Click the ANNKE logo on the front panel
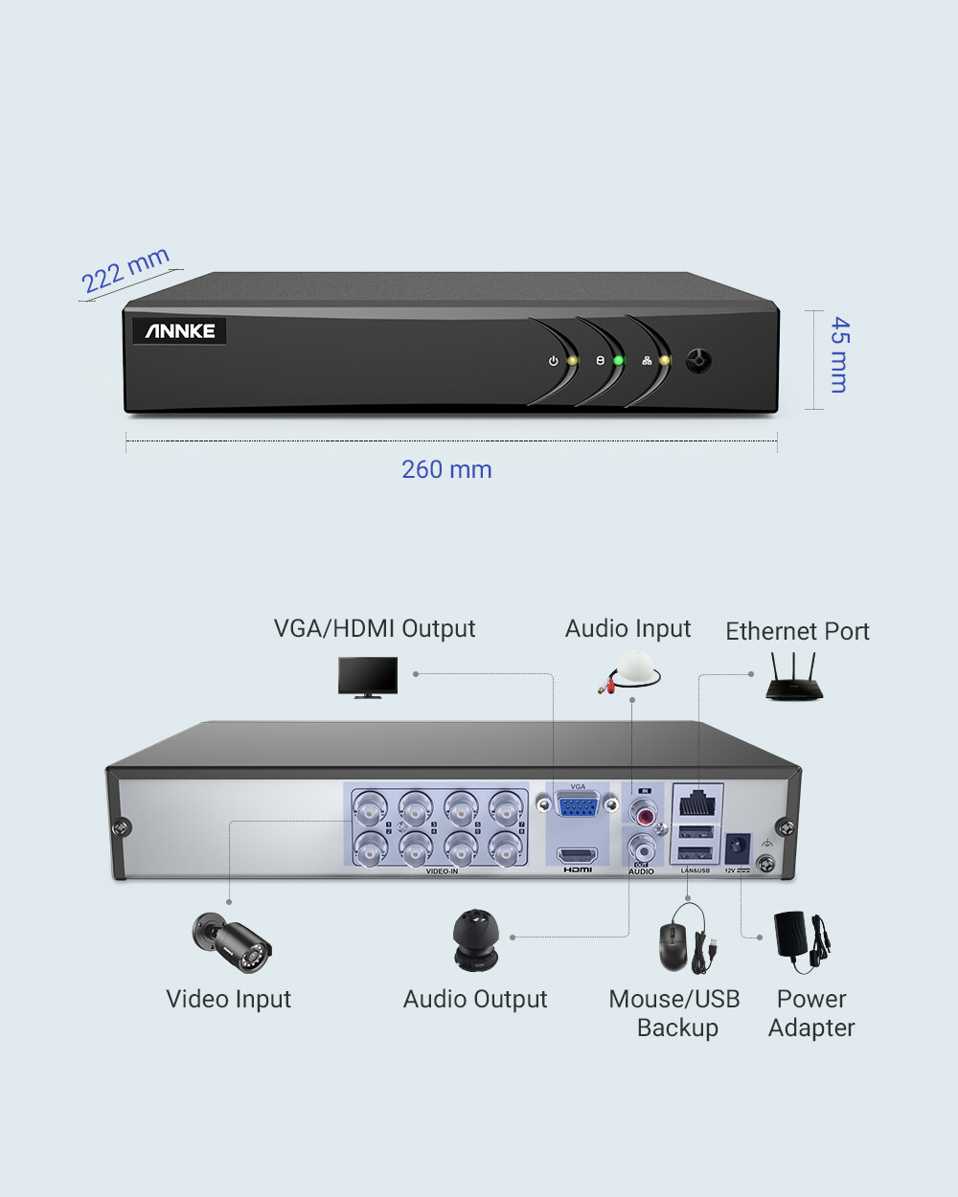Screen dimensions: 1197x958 click(x=180, y=331)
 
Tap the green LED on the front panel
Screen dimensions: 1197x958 click(x=619, y=361)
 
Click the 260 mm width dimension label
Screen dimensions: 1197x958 click(x=446, y=469)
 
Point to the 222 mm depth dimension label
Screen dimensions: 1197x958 click(x=125, y=270)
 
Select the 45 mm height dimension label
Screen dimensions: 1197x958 click(x=839, y=354)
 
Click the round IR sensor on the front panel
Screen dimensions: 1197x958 click(x=699, y=361)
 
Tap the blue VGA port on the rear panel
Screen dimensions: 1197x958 click(x=578, y=805)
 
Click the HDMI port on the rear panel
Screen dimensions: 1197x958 click(x=578, y=855)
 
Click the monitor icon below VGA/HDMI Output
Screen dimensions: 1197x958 click(x=368, y=677)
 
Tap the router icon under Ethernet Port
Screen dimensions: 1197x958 click(x=793, y=678)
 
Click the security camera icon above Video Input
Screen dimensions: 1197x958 click(x=233, y=941)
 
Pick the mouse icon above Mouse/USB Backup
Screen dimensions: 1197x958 click(x=673, y=946)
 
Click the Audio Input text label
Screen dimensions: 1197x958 click(x=627, y=628)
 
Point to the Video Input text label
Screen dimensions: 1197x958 click(x=228, y=999)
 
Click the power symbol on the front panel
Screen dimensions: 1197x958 click(x=553, y=362)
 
